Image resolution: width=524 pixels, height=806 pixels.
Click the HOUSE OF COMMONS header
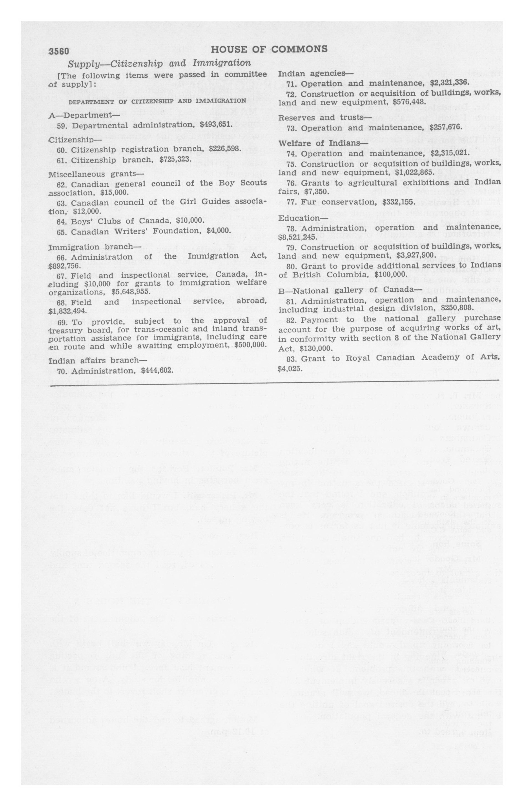click(x=269, y=49)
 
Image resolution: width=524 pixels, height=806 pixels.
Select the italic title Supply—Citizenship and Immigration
click(x=159, y=63)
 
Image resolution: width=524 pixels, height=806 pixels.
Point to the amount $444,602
click(x=157, y=371)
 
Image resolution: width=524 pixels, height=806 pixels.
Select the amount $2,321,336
click(x=449, y=83)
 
